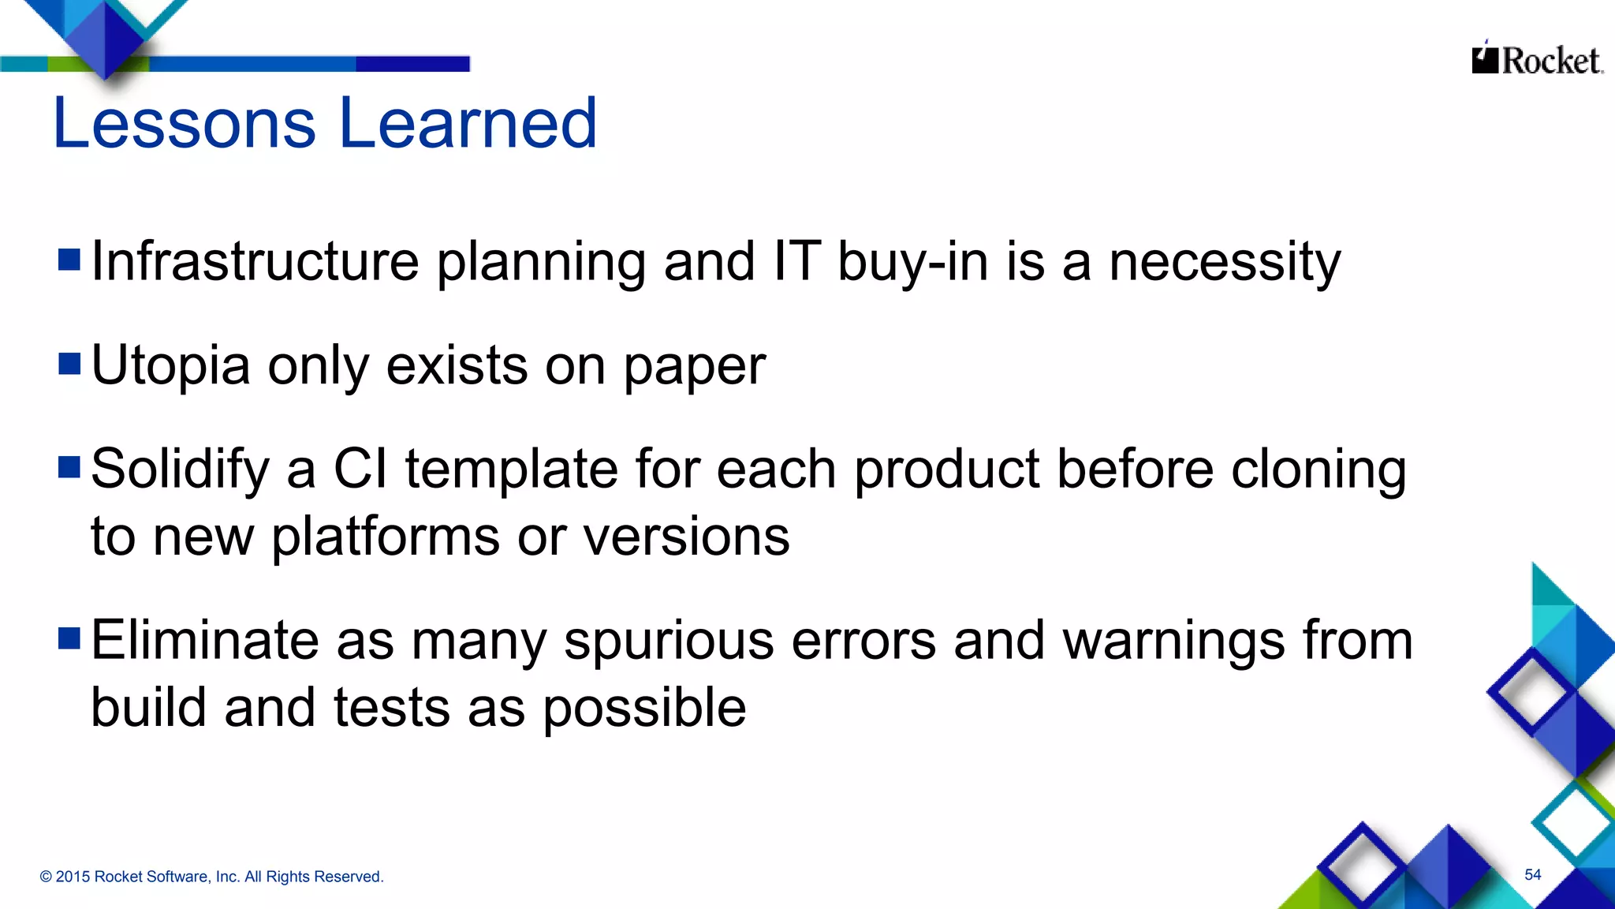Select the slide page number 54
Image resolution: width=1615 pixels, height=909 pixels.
click(x=1532, y=874)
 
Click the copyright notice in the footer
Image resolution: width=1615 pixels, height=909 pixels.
click(x=211, y=877)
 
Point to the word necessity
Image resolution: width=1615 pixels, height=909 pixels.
click(x=1224, y=263)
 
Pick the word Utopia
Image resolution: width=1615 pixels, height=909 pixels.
click(x=170, y=366)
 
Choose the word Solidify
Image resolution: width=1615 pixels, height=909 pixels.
click(x=180, y=469)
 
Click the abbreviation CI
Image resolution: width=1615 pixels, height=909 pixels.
click(x=360, y=469)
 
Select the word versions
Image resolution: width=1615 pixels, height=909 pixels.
click(x=686, y=537)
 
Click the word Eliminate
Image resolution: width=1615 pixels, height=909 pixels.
click(x=204, y=640)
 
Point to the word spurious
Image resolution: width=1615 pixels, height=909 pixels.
click(x=669, y=642)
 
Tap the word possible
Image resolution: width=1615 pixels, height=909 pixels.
click(x=644, y=708)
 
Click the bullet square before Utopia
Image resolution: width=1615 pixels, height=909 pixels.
click(x=69, y=365)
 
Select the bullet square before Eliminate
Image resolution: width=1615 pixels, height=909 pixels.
click(x=69, y=638)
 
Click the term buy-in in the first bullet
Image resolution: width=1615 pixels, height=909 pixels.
click(x=912, y=263)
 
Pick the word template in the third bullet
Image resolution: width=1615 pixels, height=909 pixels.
click(x=511, y=469)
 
